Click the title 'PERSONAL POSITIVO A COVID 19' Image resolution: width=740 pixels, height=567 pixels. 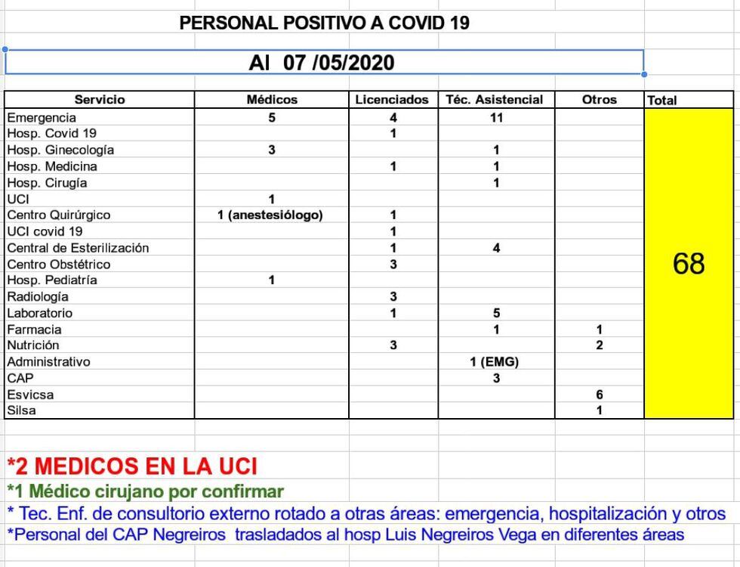coord(324,23)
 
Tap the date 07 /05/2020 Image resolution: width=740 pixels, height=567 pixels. coord(339,63)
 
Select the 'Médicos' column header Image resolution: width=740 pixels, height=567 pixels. coord(272,100)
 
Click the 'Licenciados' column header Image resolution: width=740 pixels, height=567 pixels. coord(393,100)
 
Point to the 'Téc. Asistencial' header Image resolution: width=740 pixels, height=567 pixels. coord(495,100)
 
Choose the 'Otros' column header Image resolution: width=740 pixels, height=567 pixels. coord(600,100)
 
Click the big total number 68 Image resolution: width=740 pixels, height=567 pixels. coord(688,263)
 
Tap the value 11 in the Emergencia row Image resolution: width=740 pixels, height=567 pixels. coord(496,118)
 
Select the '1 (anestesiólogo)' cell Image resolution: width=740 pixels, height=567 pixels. coord(270,215)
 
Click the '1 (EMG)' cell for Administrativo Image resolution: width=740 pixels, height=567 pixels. coord(495,362)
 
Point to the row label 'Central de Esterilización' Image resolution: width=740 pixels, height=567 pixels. coord(78,248)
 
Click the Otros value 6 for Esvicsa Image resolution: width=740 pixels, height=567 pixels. coord(600,395)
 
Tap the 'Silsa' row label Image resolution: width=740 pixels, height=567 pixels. coord(22,411)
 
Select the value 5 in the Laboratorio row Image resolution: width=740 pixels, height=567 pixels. coord(496,313)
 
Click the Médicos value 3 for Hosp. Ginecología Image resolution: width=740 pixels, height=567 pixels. coord(272,150)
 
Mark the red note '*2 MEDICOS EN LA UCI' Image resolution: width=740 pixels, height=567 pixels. coord(132,466)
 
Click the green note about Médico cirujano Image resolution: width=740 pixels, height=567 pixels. coord(145,491)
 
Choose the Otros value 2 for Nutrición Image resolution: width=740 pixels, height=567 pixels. coord(600,345)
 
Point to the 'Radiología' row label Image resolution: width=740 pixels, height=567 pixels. coord(38,297)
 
